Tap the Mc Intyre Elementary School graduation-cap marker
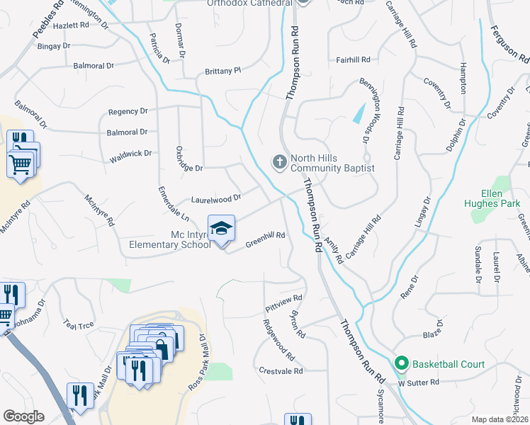pyautogui.click(x=222, y=228)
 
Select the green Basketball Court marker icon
pyautogui.click(x=402, y=365)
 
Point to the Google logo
pyautogui.click(x=23, y=416)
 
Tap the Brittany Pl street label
pyautogui.click(x=223, y=71)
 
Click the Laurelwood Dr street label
pyautogui.click(x=215, y=199)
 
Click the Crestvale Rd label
pyautogui.click(x=281, y=370)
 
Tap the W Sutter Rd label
pyautogui.click(x=418, y=382)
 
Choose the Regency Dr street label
pyautogui.click(x=128, y=111)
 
